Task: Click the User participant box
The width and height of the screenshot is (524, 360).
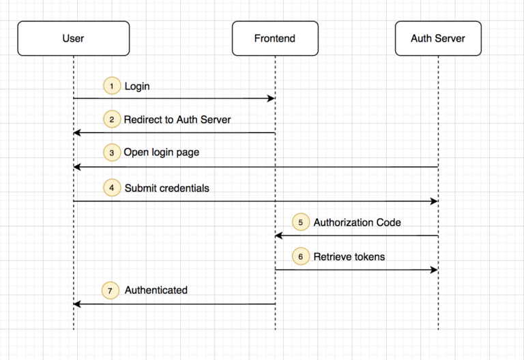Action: (x=74, y=38)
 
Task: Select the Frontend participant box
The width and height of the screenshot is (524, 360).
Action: (x=275, y=38)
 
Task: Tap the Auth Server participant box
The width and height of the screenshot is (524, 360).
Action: (x=438, y=38)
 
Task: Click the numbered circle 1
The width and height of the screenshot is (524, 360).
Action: (x=112, y=86)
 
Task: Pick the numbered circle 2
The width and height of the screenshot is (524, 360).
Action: (x=112, y=119)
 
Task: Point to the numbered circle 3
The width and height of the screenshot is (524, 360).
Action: (x=112, y=153)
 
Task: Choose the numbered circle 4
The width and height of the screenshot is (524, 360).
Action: (x=112, y=187)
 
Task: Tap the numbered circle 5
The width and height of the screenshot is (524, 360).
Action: (x=300, y=222)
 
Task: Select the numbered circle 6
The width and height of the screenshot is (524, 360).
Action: (x=300, y=256)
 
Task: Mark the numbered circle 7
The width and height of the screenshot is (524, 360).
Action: (x=111, y=290)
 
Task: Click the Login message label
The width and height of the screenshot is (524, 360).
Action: (x=137, y=86)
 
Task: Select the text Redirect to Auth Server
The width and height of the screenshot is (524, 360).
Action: (x=177, y=119)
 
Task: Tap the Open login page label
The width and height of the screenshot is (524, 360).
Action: (x=162, y=153)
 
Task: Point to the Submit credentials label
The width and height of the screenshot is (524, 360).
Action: (x=167, y=188)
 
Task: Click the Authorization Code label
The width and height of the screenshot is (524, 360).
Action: (x=358, y=222)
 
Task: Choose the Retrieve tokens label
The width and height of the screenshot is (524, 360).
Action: (x=349, y=257)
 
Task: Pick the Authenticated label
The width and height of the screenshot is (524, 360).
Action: (x=156, y=290)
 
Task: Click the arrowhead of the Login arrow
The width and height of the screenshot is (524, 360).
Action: (x=272, y=98)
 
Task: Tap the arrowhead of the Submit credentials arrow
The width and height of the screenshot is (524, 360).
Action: (x=435, y=201)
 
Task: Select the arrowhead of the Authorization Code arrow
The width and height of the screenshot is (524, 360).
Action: (x=278, y=236)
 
